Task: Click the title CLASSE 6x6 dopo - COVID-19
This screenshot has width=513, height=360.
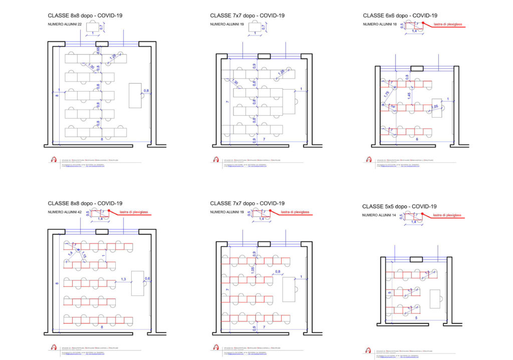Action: tap(399, 16)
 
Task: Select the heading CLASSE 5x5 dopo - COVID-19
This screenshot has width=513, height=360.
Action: tap(399, 206)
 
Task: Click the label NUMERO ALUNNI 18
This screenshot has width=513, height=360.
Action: tap(379, 25)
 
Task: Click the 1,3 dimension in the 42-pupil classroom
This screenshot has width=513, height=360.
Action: tap(124, 278)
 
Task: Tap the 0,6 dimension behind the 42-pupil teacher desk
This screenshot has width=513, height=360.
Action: tap(147, 278)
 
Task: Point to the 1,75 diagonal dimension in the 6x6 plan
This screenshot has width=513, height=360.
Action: tap(387, 94)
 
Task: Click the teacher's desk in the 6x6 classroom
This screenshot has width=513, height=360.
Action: tap(437, 108)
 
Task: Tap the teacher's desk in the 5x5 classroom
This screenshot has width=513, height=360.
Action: tap(435, 299)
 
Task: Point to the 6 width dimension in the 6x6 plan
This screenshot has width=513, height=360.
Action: tap(416, 140)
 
